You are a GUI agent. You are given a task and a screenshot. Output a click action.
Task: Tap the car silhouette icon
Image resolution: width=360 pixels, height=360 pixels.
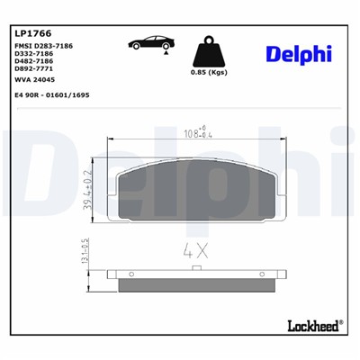click(151, 41)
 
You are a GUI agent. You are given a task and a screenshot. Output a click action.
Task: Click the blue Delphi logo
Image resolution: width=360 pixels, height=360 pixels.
click(298, 54)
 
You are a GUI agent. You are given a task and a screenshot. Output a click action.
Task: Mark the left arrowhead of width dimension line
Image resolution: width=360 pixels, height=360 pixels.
click(111, 139)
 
